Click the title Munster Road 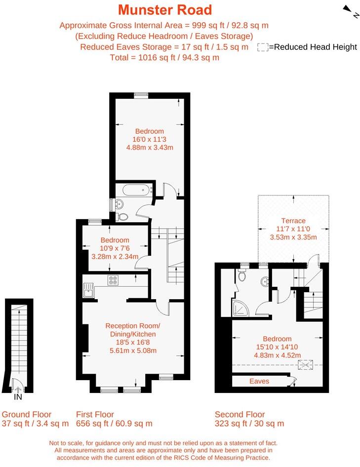pos(165,9)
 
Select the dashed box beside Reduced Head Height pos(263,47)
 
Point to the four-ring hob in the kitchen pos(113,280)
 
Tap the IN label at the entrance pos(18,396)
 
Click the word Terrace pos(293,221)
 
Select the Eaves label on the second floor pos(259,381)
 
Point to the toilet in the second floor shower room pos(242,275)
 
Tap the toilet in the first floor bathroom pos(123,216)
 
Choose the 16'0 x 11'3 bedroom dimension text pos(150,139)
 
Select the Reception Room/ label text pos(133,326)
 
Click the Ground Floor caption pos(27,414)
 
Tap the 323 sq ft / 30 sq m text pos(249,424)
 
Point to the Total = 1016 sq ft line pos(164,57)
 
